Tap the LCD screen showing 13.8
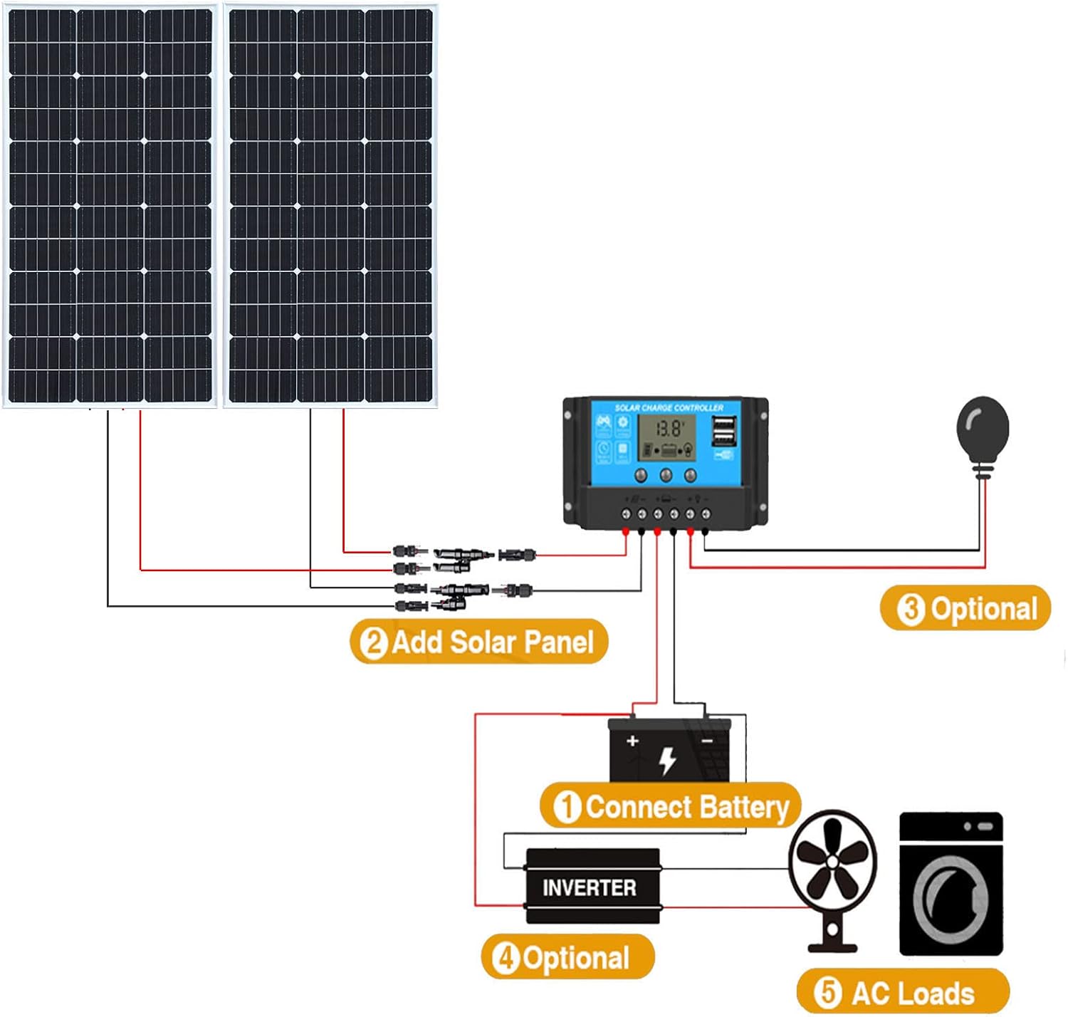pos(666,437)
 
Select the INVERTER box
pos(592,887)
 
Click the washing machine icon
pos(951,884)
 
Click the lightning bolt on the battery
pos(667,760)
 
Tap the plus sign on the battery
pos(632,741)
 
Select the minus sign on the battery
pos(707,741)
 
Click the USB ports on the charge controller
pos(724,429)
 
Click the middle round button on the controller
pos(666,475)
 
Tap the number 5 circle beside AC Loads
pos(827,992)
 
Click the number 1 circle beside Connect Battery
pos(567,808)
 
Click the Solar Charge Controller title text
pos(669,408)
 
